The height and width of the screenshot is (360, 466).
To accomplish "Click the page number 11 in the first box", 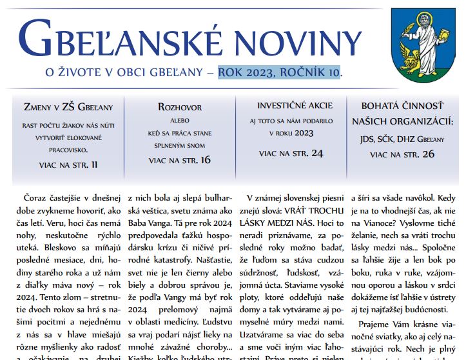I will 94,165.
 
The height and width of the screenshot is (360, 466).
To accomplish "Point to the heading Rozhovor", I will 180,106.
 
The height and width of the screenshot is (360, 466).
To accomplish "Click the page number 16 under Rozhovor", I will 205,159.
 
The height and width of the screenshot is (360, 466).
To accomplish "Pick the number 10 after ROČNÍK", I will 333,72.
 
